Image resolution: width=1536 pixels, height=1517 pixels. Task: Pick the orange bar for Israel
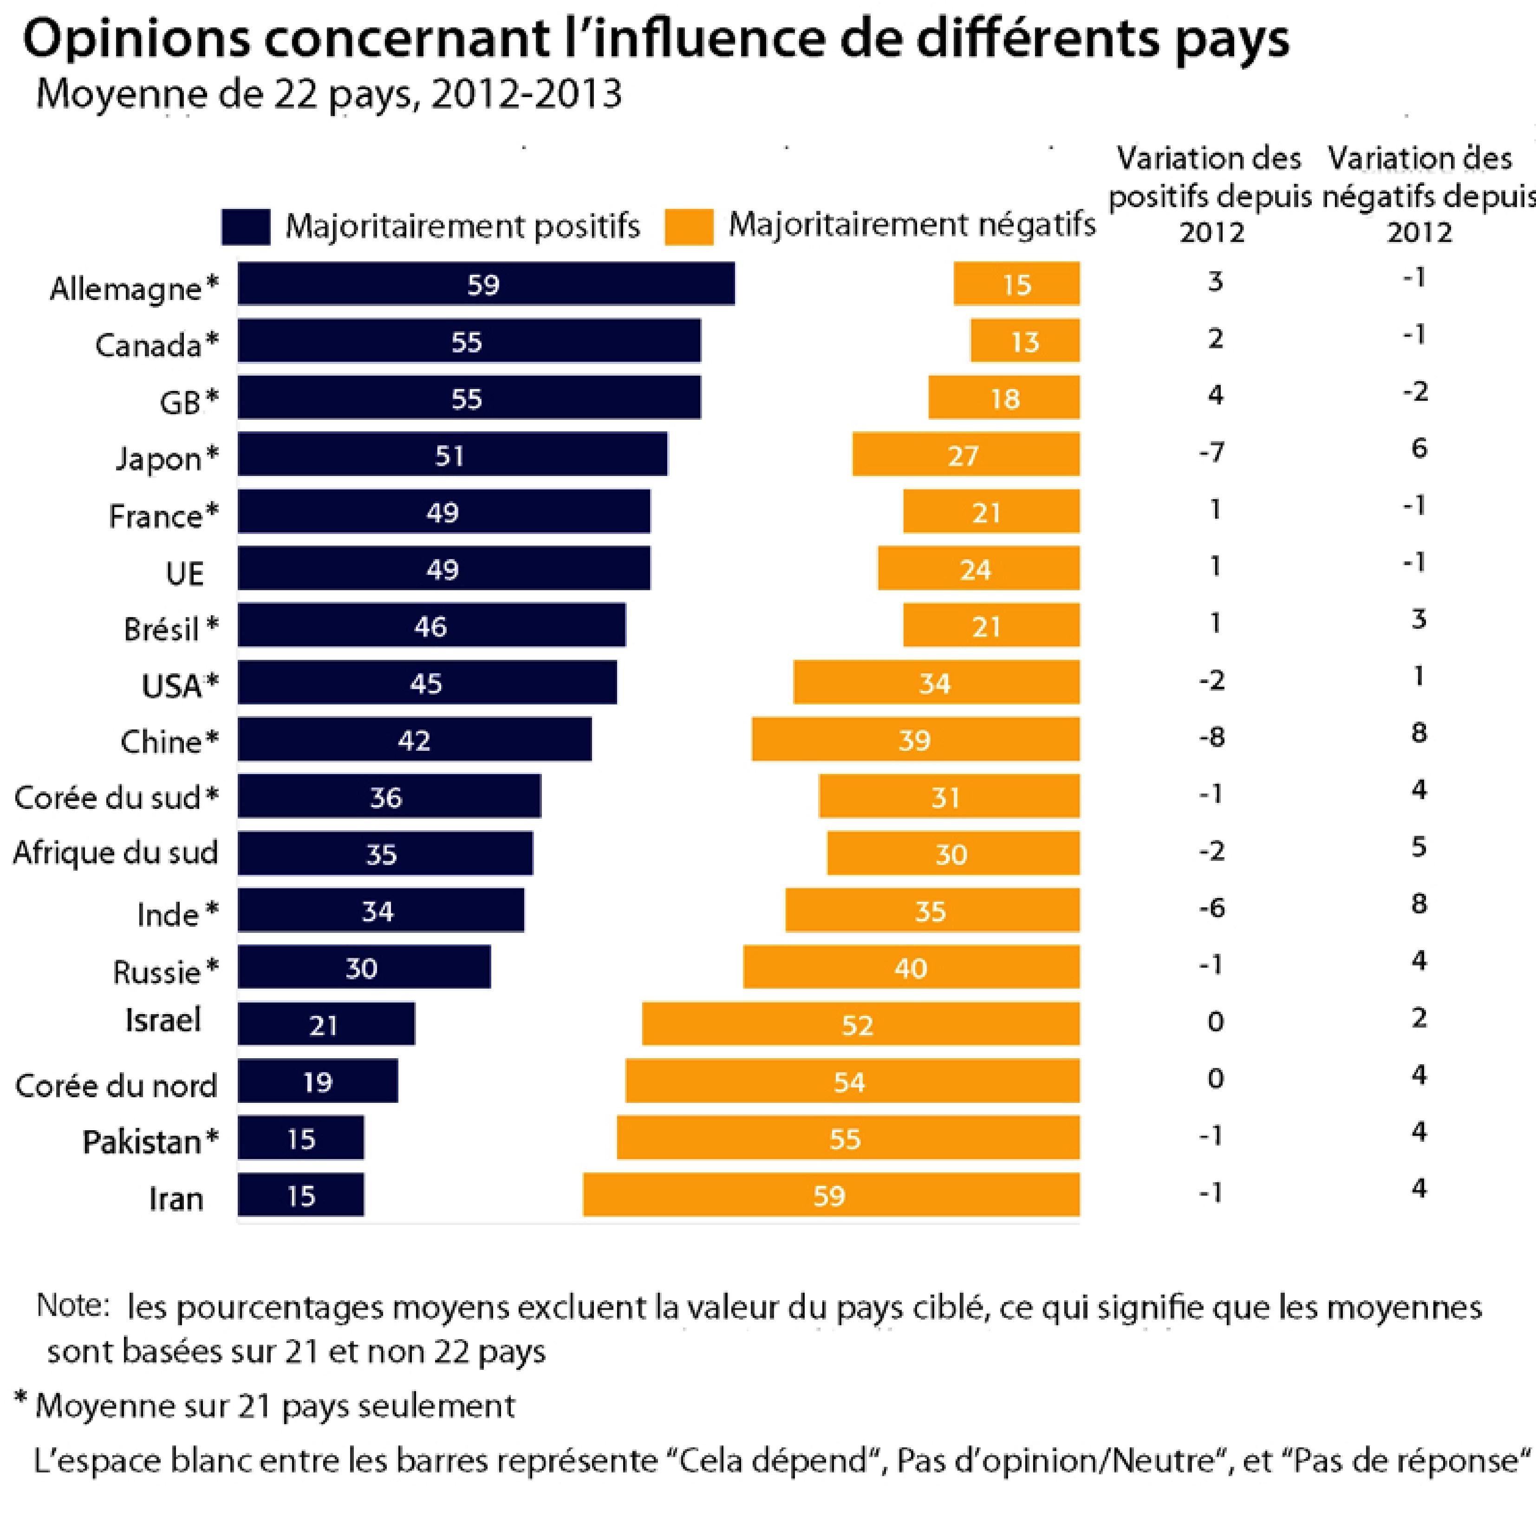[860, 1023]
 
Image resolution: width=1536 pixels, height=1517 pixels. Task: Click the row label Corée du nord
[116, 1085]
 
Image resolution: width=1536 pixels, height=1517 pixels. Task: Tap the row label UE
[184, 573]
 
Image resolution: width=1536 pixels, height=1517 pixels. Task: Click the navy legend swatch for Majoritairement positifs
[246, 227]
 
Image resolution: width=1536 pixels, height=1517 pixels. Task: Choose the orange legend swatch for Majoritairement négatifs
[689, 227]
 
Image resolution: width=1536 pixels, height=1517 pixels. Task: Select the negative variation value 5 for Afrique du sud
[1419, 847]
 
